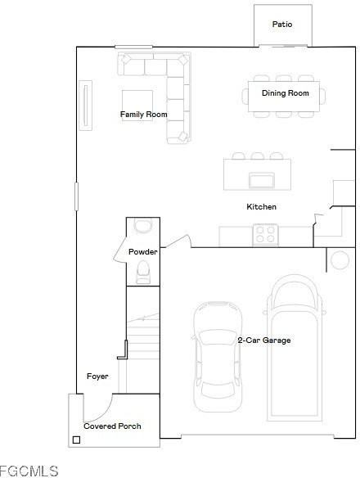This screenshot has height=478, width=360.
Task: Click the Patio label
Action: point(281,25)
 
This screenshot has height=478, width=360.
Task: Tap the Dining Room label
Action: point(286,93)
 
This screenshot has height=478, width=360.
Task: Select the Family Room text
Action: point(143,115)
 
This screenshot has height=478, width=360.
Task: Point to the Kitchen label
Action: point(262,207)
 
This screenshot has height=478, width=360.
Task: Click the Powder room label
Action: point(142,252)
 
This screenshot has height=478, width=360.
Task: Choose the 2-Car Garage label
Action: point(264,340)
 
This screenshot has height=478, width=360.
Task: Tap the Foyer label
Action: point(97,377)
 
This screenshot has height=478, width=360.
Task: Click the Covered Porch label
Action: point(112,426)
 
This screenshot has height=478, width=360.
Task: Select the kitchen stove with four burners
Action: point(264,235)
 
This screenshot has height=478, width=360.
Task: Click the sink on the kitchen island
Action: point(262,180)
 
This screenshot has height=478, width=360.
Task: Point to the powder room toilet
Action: point(143,226)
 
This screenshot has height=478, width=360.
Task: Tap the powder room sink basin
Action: point(142,269)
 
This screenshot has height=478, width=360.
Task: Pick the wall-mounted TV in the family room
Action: point(83,104)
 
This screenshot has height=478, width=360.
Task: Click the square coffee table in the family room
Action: point(137,103)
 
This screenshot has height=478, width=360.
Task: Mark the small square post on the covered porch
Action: point(76,440)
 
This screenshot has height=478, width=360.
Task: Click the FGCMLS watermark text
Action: point(30,471)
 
